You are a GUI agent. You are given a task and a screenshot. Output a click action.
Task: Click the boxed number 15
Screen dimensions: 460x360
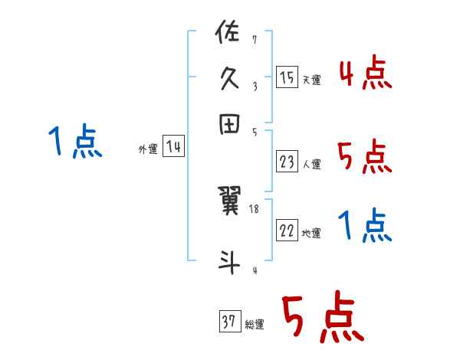pyautogui.click(x=287, y=77)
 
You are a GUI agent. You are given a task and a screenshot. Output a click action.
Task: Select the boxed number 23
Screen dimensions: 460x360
pyautogui.click(x=287, y=162)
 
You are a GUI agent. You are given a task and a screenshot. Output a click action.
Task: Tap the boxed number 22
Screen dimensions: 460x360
pyautogui.click(x=287, y=231)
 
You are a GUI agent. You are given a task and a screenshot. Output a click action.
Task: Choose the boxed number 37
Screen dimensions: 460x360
pyautogui.click(x=229, y=322)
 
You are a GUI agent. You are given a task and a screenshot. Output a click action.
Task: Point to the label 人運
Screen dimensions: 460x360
pyautogui.click(x=311, y=164)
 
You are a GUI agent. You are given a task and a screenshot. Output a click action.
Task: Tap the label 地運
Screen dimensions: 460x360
pyautogui.click(x=311, y=234)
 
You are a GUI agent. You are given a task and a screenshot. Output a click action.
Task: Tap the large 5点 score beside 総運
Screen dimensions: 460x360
pyautogui.click(x=321, y=319)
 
